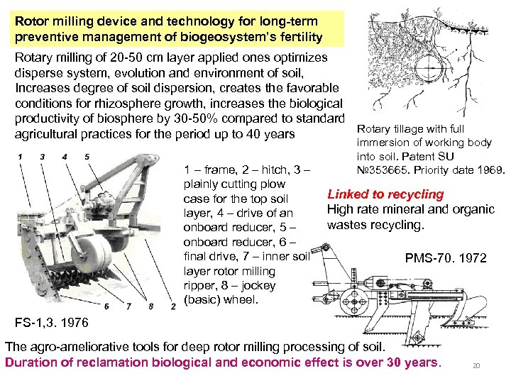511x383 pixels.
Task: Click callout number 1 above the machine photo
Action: (20, 156)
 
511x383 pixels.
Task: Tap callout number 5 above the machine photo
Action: (86, 156)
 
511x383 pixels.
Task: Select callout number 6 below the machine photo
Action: (108, 306)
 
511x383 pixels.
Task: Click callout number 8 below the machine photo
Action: (151, 306)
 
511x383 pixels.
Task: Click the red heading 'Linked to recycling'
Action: (385, 194)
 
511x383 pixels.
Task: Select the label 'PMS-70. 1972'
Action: (446, 258)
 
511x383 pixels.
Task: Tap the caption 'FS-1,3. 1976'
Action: (52, 323)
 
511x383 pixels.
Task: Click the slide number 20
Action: (477, 366)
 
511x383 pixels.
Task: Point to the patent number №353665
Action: (383, 170)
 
